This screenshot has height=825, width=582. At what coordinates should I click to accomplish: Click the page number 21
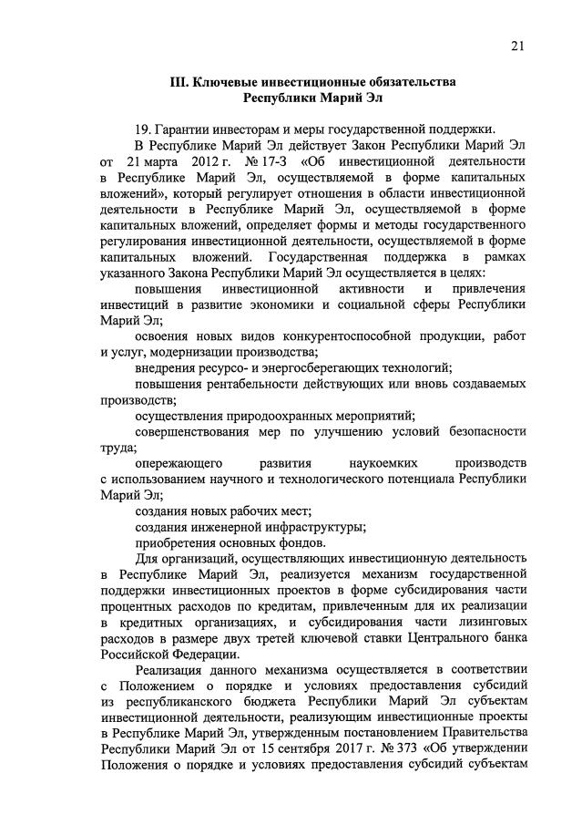pos(516,46)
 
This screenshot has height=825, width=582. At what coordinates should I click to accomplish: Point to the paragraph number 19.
pos(141,128)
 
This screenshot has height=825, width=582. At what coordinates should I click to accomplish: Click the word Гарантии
pos(187,128)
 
